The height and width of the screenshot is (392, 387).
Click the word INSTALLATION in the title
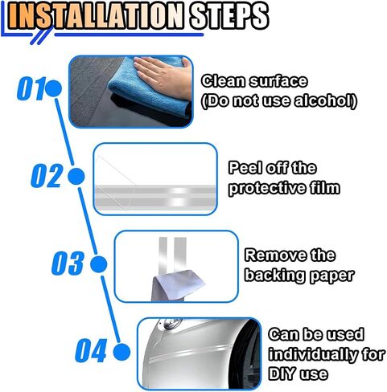tap(95, 15)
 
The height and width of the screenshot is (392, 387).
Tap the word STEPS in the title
tap(228, 15)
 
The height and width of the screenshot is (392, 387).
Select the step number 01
tap(30, 88)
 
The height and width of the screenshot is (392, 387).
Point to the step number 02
tap(47, 176)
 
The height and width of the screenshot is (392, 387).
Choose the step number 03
tap(68, 263)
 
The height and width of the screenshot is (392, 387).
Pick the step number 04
tap(91, 350)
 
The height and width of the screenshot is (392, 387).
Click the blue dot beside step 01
tap(53, 88)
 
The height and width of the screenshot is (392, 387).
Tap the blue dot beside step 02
tap(76, 177)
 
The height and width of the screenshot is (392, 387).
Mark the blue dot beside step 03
tap(99, 264)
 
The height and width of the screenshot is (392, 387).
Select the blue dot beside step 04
tap(121, 352)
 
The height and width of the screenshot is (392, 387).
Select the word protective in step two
tap(267, 188)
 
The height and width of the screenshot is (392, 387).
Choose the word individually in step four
tap(313, 354)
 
